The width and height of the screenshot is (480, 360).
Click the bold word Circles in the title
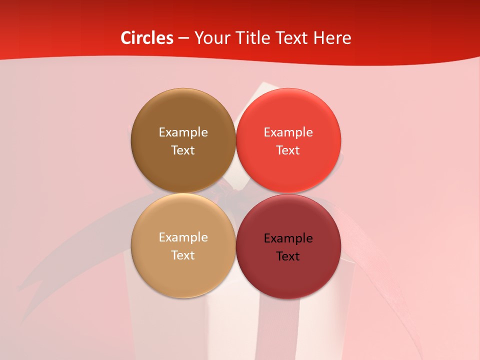click(146, 38)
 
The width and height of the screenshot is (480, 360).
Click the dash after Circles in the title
click(183, 38)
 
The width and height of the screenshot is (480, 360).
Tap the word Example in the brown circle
click(183, 132)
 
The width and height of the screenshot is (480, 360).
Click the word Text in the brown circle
click(183, 150)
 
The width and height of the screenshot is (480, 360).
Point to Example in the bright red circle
click(288, 132)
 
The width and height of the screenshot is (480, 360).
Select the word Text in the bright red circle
click(288, 150)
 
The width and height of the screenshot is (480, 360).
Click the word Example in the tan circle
click(183, 237)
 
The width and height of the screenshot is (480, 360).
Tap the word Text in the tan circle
click(183, 255)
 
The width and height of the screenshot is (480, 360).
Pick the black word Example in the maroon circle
click(288, 238)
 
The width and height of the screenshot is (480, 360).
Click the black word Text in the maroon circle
click(288, 256)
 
